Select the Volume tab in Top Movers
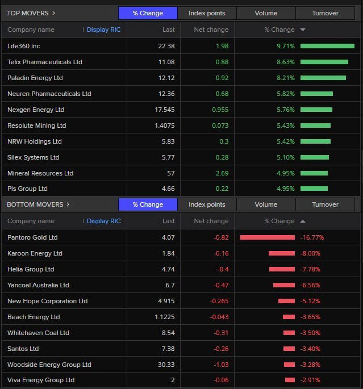[x=266, y=13]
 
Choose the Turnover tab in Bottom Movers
[x=325, y=204]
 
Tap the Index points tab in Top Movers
[x=207, y=13]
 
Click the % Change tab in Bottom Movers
[x=148, y=204]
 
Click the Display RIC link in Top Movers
[x=103, y=30]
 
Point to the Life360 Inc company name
[x=24, y=46]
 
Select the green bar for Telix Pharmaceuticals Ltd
[x=324, y=62]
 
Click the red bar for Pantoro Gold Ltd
[x=268, y=237]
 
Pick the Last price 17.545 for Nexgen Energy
[x=164, y=110]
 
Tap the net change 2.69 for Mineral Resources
[x=222, y=173]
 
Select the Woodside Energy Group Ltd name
[x=49, y=365]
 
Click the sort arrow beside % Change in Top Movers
[x=303, y=30]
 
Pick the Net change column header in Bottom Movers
[x=211, y=221]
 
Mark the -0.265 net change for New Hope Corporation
[x=219, y=301]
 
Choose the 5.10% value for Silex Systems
[x=285, y=157]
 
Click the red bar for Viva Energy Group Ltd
[x=290, y=380]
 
